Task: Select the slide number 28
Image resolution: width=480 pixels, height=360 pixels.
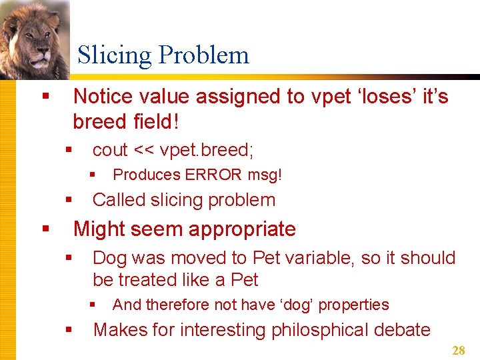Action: pos(459,351)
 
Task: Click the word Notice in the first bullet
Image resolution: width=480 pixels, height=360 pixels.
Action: pos(103,97)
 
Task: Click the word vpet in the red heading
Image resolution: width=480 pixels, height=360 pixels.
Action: pos(327,97)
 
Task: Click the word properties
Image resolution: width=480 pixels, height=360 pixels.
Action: pos(354,305)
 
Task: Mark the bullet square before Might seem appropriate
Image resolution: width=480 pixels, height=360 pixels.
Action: pos(46,229)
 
